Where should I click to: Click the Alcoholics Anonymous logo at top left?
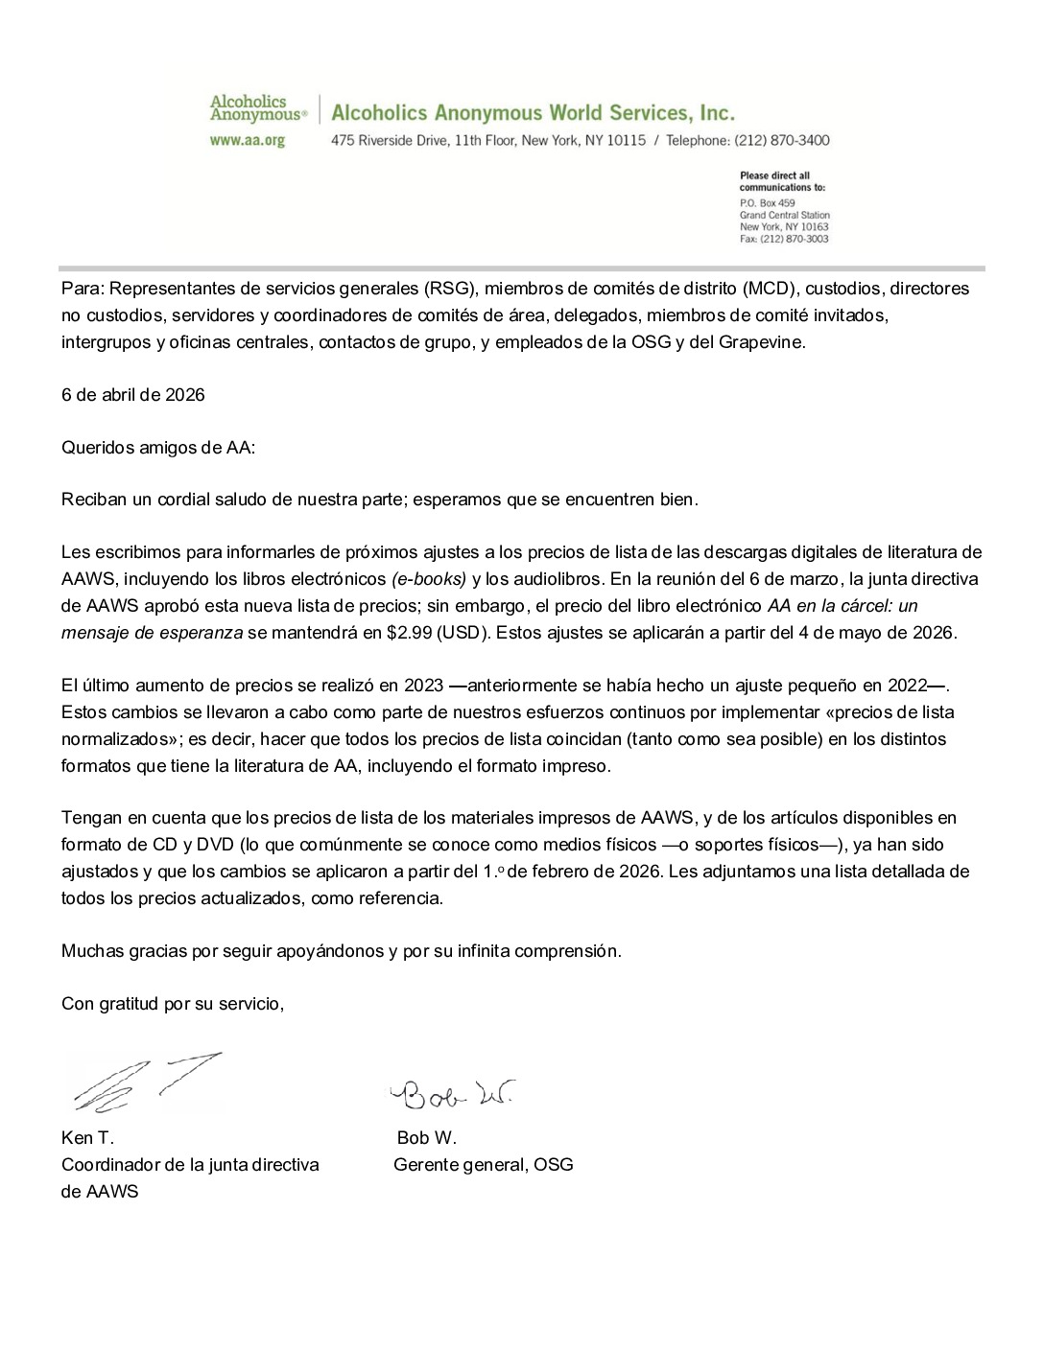pos(258,107)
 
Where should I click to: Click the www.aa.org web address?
pos(248,140)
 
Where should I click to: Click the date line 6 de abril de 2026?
pos(133,394)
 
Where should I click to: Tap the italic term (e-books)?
pos(429,579)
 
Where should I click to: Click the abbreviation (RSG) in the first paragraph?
pos(448,289)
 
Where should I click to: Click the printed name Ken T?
pos(87,1138)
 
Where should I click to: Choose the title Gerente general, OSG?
pos(484,1165)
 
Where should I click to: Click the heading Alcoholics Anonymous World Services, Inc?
pos(533,113)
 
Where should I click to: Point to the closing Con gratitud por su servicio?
pos(173,1004)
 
